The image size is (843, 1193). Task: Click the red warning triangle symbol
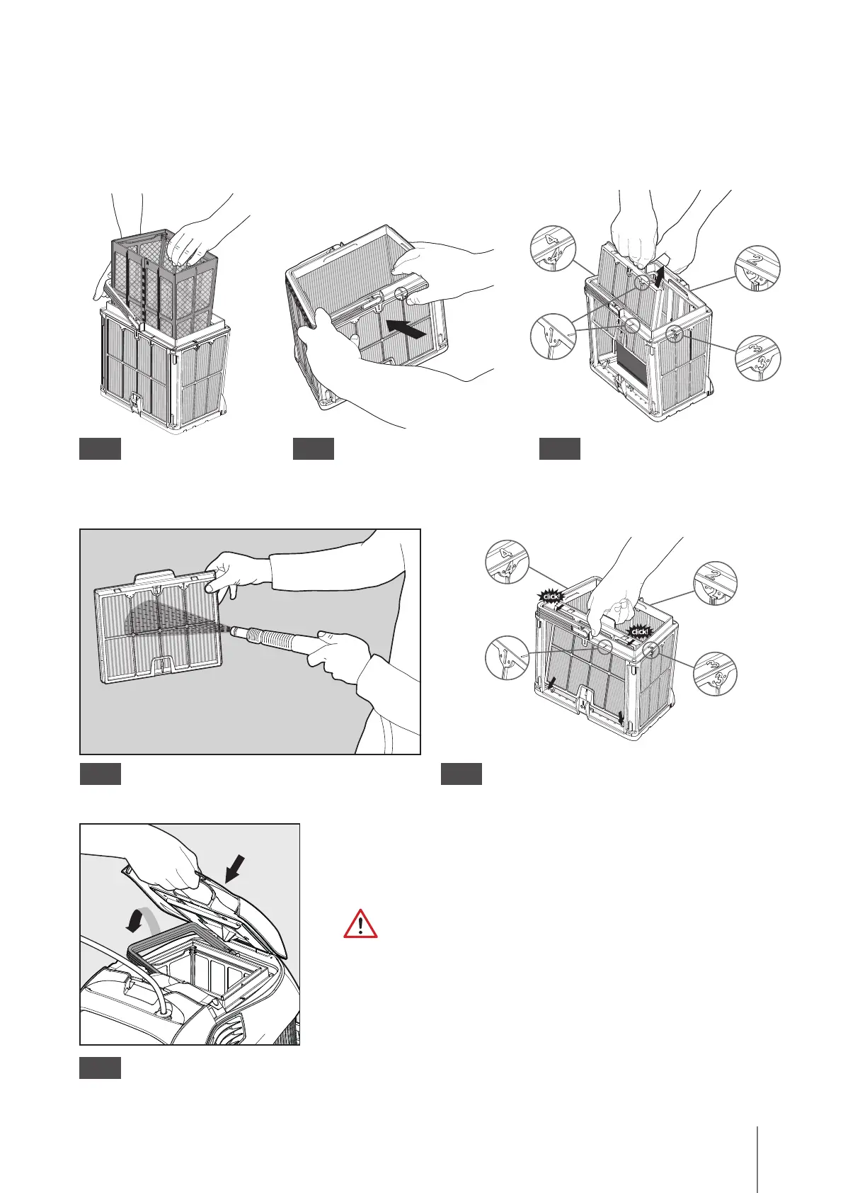[360, 925]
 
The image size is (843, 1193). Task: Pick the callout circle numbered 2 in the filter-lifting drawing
[757, 268]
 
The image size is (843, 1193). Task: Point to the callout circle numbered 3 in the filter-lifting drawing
[757, 358]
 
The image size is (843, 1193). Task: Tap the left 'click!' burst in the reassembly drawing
[552, 596]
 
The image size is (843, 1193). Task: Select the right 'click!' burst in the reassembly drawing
[638, 631]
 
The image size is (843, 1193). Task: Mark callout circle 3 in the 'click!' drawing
[715, 673]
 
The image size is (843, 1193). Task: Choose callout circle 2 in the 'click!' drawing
[715, 583]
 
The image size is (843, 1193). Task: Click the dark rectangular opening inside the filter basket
[633, 360]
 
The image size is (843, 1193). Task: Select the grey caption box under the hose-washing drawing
[100, 774]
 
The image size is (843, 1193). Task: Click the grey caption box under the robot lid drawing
[100, 1068]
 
